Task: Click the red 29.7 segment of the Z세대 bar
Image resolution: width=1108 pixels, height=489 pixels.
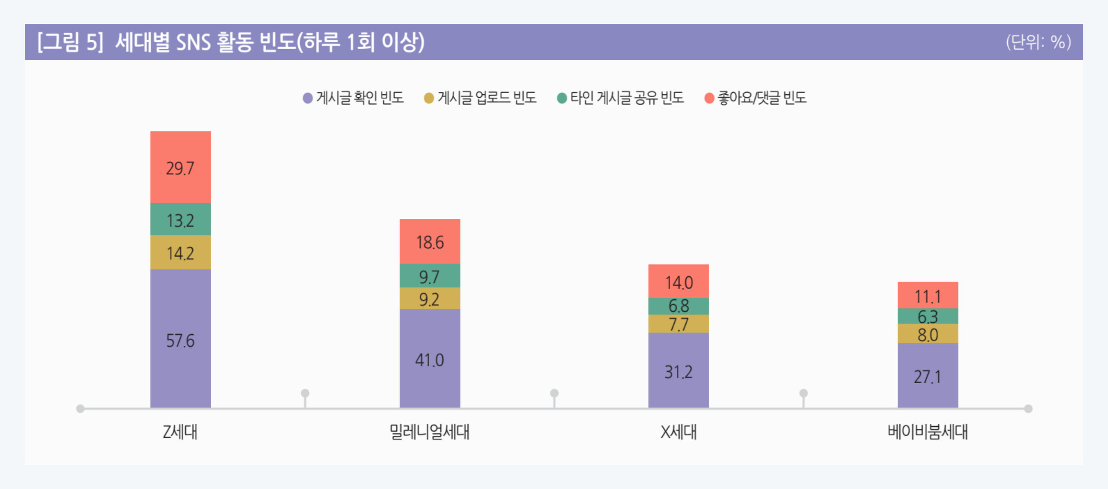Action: point(180,167)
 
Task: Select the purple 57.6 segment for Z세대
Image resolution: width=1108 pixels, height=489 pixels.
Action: point(180,340)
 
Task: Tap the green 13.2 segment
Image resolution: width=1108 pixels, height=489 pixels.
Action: point(180,220)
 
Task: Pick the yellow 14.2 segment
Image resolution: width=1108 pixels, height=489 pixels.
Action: point(180,253)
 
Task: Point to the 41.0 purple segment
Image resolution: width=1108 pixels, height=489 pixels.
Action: point(430,359)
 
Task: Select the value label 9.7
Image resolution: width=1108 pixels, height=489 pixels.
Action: point(429,276)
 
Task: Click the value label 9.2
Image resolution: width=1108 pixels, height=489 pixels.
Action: point(429,299)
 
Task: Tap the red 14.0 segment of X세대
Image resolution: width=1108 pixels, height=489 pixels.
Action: point(679,282)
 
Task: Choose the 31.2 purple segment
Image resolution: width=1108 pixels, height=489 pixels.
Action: point(679,371)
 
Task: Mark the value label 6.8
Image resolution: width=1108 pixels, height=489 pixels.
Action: point(679,306)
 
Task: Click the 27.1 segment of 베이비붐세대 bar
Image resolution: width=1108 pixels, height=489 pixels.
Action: point(928,376)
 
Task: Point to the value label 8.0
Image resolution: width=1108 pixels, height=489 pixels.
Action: point(928,335)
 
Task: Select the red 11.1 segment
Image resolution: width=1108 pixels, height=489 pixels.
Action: point(928,296)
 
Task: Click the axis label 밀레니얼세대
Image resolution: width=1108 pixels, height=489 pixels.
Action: point(429,431)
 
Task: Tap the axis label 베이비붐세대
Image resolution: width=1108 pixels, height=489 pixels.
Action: point(928,431)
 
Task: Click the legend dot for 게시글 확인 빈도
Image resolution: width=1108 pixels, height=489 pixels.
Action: point(307,98)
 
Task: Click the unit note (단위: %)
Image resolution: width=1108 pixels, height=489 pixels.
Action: point(1038,42)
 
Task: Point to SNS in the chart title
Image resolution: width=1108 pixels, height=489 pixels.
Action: point(193,42)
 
